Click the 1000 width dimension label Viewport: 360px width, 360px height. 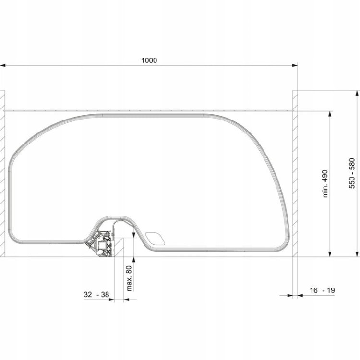coord(149,60)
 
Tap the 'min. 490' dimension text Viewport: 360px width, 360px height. coord(325,184)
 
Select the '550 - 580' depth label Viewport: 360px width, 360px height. coord(352,173)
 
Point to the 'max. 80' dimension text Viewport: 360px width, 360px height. coord(130,278)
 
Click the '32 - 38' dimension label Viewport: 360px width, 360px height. coord(96,294)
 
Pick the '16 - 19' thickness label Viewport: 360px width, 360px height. coord(323,290)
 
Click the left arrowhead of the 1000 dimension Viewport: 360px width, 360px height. coord(3,65)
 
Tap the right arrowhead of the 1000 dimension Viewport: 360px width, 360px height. coord(295,65)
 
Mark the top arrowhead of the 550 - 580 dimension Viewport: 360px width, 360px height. coord(357,93)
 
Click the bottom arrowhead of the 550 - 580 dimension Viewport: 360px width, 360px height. coord(357,254)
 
